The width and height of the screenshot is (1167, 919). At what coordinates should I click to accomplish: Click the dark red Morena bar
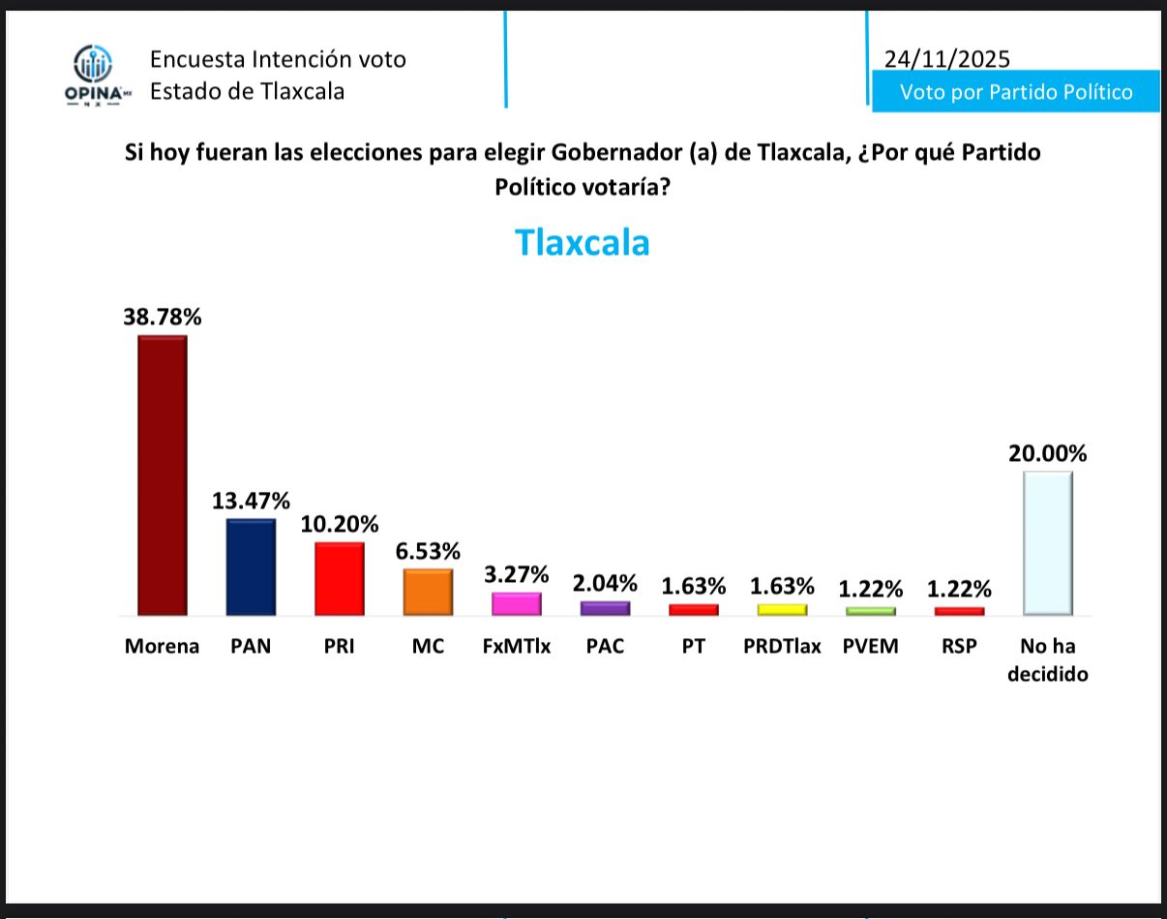[x=162, y=475]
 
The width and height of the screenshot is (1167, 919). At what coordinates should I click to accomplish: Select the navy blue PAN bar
[x=251, y=567]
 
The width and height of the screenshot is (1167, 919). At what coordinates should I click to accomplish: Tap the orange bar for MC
[x=428, y=592]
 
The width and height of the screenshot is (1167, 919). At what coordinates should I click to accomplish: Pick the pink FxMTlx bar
[x=516, y=603]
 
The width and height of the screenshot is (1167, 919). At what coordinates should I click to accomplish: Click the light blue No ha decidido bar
[x=1047, y=542]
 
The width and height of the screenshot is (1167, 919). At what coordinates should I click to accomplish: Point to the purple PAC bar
[x=605, y=608]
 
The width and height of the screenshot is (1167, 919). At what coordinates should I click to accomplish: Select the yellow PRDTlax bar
[x=782, y=609]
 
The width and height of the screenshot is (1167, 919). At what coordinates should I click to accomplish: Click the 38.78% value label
[x=162, y=316]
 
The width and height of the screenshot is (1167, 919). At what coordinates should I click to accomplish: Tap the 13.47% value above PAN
[x=251, y=501]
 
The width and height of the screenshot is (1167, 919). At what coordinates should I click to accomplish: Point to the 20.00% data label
[x=1048, y=453]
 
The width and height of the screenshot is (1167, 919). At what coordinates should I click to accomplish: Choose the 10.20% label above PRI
[x=340, y=524]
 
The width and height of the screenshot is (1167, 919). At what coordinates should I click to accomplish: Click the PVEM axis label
[x=870, y=646]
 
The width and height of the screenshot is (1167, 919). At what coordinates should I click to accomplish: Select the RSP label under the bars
[x=959, y=646]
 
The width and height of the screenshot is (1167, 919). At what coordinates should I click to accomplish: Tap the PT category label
[x=693, y=646]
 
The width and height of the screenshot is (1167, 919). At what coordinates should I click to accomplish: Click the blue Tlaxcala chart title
[x=582, y=242]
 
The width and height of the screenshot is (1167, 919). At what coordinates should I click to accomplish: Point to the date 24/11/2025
[x=946, y=59]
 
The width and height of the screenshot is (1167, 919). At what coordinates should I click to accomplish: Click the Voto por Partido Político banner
[x=1016, y=92]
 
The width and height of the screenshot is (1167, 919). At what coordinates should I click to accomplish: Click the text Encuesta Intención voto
[x=278, y=59]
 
